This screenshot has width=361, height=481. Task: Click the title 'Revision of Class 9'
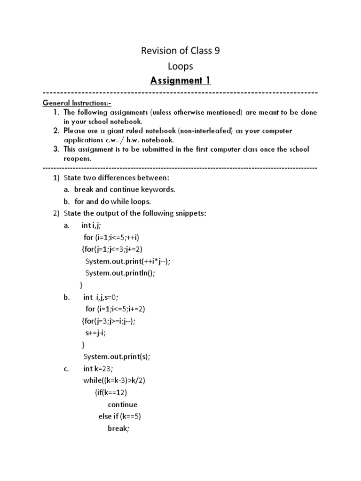180,51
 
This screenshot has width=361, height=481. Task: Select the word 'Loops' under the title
180,66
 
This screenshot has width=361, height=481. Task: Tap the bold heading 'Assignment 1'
180,81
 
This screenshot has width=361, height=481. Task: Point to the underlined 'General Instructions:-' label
77,103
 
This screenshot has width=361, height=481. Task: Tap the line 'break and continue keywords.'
125,189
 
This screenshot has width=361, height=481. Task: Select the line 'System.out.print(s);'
117,357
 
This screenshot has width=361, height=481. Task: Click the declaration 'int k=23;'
99,369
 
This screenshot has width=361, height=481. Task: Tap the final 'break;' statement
118,428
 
